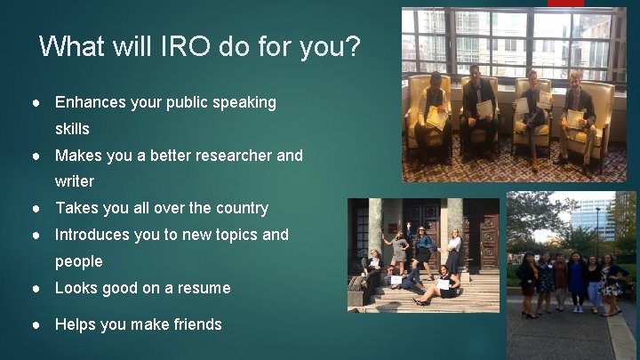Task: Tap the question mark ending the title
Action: (x=353, y=46)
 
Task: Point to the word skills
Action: (x=72, y=129)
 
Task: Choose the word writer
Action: (x=75, y=181)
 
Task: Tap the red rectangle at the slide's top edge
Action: (x=565, y=4)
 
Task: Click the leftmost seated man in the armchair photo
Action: (x=433, y=111)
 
